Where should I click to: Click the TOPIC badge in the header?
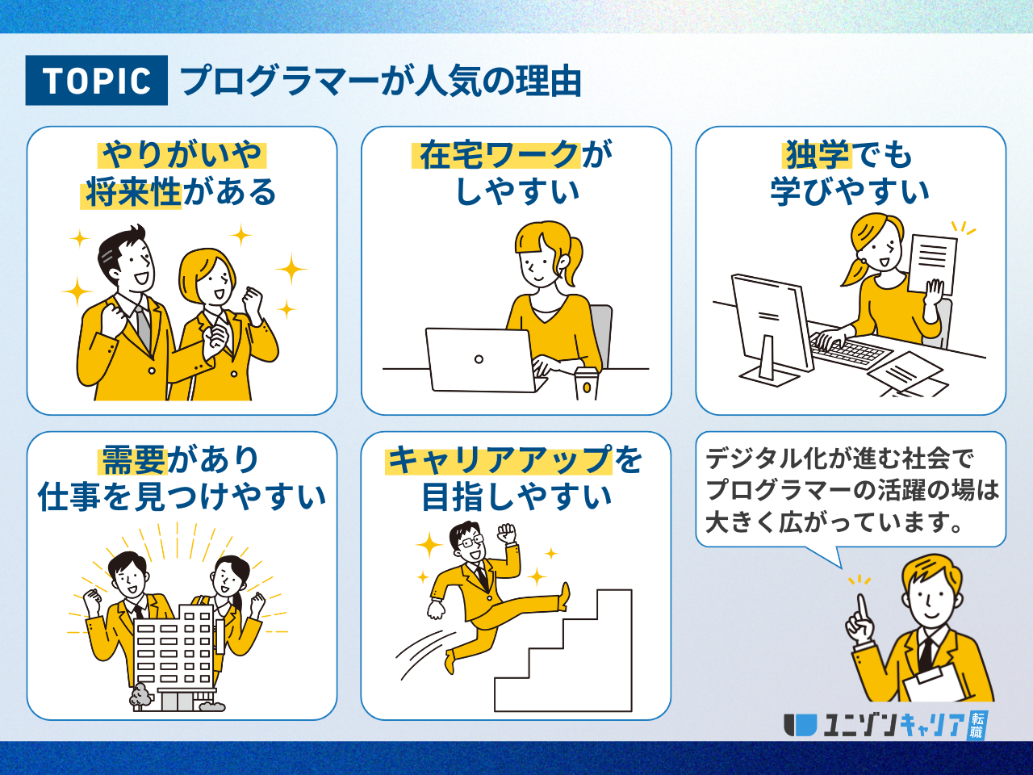coord(97,80)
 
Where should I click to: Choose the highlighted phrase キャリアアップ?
coord(500,459)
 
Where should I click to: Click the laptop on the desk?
coord(483,360)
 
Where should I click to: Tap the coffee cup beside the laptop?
coord(586,383)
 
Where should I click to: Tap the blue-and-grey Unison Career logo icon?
coord(800,725)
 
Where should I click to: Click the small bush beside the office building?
coord(140,695)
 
